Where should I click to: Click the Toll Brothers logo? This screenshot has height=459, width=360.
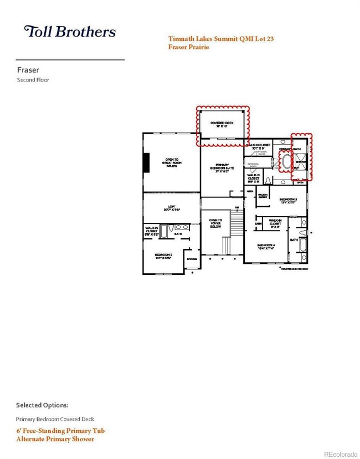click(x=70, y=32)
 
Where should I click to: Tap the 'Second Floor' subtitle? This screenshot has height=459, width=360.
click(x=33, y=80)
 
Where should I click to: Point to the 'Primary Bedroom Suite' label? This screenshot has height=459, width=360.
click(x=222, y=168)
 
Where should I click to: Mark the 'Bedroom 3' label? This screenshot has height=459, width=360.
click(x=289, y=200)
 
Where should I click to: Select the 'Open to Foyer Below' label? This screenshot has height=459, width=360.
click(x=215, y=223)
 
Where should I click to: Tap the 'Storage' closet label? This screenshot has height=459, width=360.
click(x=192, y=258)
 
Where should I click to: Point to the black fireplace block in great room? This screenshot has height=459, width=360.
click(x=146, y=162)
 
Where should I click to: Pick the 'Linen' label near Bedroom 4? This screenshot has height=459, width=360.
click(x=259, y=223)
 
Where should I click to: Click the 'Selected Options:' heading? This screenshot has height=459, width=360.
click(x=42, y=405)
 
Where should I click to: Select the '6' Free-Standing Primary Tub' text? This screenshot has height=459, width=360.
click(x=60, y=431)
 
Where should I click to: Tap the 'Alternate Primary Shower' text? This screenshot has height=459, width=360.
click(x=55, y=439)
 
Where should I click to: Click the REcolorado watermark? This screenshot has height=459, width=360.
click(x=341, y=454)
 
